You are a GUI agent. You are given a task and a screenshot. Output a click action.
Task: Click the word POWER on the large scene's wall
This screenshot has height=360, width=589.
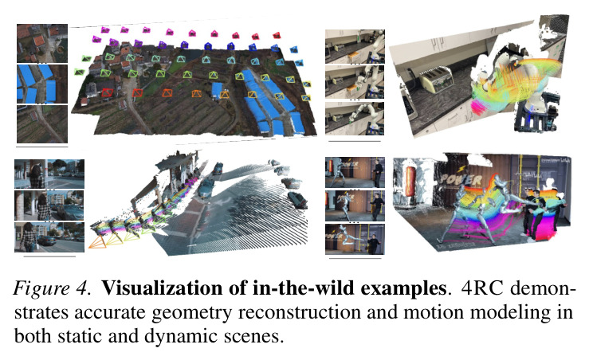461,181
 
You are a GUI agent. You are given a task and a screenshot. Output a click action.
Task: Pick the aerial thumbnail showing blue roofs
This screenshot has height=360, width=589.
42,84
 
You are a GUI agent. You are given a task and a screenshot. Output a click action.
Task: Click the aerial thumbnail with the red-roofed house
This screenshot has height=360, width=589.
42,43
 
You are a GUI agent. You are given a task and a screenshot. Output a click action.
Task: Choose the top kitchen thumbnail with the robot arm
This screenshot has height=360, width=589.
355,46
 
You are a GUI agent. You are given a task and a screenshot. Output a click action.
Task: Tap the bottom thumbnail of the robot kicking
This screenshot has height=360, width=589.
355,239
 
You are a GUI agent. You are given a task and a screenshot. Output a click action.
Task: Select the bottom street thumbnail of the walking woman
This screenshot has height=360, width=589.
49,237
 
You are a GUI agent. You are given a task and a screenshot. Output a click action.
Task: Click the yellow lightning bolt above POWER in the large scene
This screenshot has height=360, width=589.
462,170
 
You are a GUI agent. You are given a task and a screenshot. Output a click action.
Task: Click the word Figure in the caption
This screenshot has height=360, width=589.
41,288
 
